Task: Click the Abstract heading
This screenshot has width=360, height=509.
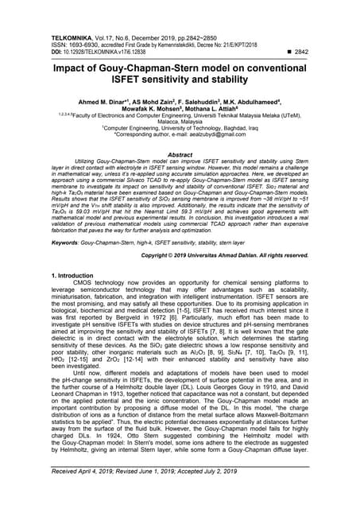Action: coord(180,155)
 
